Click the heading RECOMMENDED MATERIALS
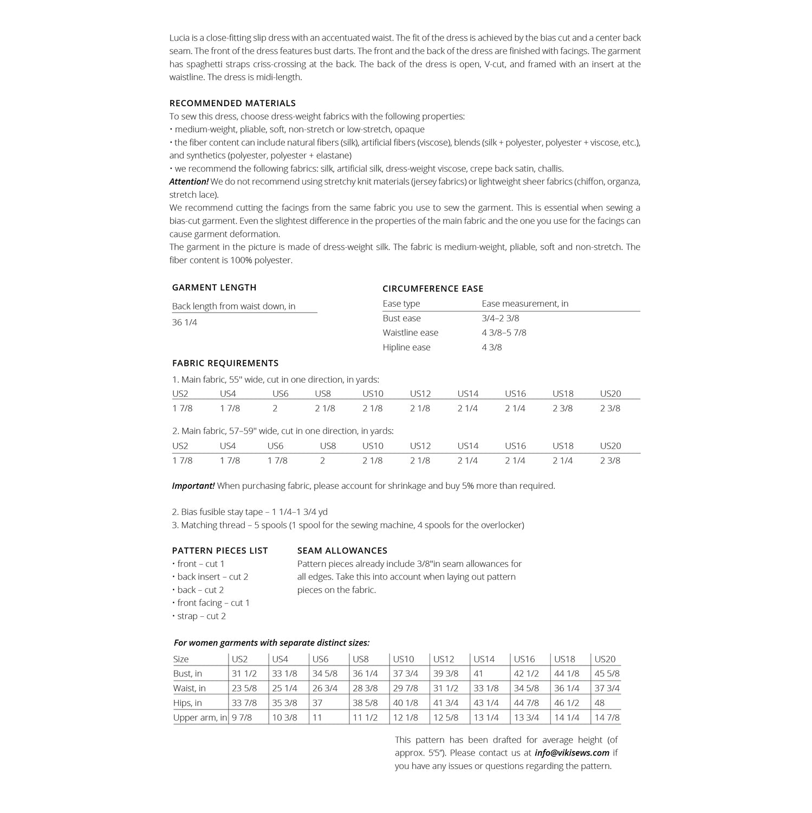pos(232,103)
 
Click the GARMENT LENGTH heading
pos(214,287)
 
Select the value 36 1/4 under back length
pos(185,322)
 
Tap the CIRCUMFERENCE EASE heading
pos(433,288)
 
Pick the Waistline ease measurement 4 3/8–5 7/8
pos(504,332)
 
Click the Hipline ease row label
pos(406,347)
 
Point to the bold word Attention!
pos(189,182)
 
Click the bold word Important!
pos(193,486)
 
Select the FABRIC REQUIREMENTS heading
pos(225,363)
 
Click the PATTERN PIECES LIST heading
pos(220,550)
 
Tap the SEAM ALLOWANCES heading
pos(342,550)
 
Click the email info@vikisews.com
pos(571,752)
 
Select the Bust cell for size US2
pos(244,674)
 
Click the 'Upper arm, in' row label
pos(200,717)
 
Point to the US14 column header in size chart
pos(484,659)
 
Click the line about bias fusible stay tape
pos(250,512)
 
